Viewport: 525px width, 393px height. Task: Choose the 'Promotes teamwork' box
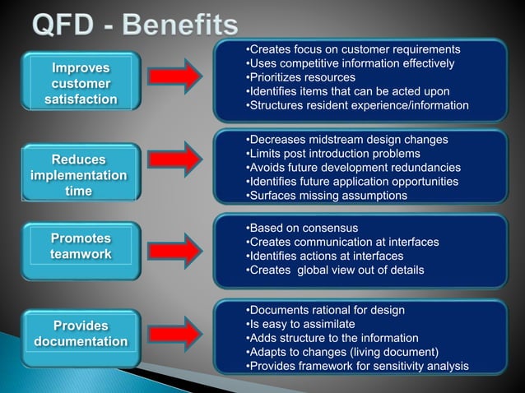pyautogui.click(x=81, y=247)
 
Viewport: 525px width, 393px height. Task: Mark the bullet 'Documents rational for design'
pyautogui.click(x=326, y=310)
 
